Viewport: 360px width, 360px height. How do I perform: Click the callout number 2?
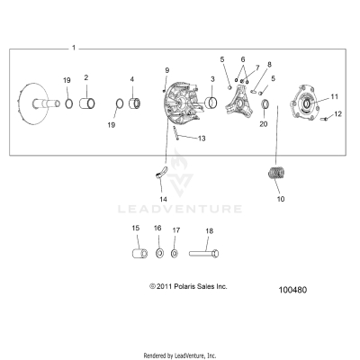[x=85, y=77]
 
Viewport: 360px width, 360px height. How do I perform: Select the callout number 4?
[x=131, y=80]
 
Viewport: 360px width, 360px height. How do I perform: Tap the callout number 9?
[x=166, y=70]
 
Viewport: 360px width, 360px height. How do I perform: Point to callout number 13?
[x=202, y=139]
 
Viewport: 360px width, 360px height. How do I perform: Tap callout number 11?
[x=333, y=95]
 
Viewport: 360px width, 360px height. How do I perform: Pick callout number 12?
[x=339, y=113]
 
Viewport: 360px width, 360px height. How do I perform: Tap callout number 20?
[x=264, y=124]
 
